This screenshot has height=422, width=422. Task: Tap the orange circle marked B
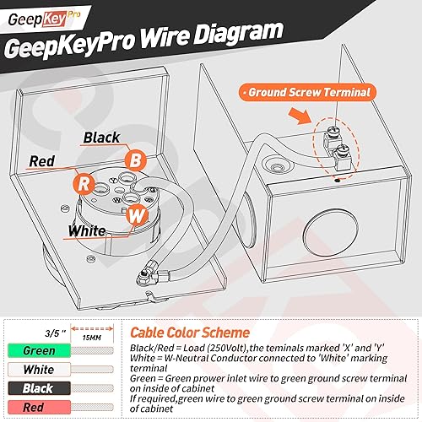(x=133, y=158)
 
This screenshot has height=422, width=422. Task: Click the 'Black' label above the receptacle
(x=101, y=137)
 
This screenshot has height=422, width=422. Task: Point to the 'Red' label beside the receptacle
(x=42, y=160)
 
